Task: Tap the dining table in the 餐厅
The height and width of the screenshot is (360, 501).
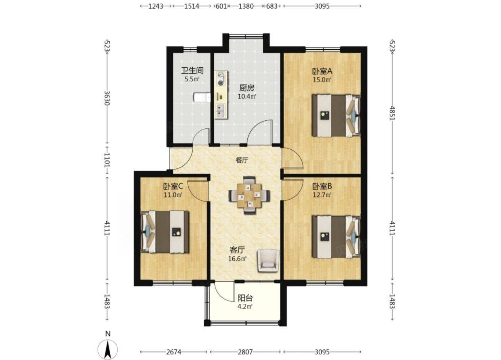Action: [x=249, y=196]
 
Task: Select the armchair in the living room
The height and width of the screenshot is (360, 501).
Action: [x=268, y=261]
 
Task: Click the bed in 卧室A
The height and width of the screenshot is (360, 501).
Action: [x=337, y=116]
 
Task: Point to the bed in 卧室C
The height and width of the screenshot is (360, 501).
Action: [x=165, y=232]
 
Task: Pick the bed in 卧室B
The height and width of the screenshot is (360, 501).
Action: [x=337, y=237]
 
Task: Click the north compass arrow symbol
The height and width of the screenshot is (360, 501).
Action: [x=108, y=350]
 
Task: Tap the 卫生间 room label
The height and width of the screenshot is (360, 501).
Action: [x=192, y=70]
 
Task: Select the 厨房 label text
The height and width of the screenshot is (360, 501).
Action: [x=247, y=88]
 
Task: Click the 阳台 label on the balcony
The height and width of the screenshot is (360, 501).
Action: [x=245, y=298]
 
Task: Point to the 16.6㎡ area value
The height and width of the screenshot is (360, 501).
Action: [x=237, y=259]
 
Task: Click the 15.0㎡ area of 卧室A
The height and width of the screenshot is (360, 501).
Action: [x=322, y=80]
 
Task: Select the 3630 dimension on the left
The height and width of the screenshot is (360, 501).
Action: [x=107, y=98]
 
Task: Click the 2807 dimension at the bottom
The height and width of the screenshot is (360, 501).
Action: [x=245, y=352]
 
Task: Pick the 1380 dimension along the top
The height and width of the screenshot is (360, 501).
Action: [x=246, y=6]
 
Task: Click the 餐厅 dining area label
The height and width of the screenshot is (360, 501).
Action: [x=242, y=160]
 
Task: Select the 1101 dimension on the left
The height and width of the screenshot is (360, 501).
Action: [x=107, y=160]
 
